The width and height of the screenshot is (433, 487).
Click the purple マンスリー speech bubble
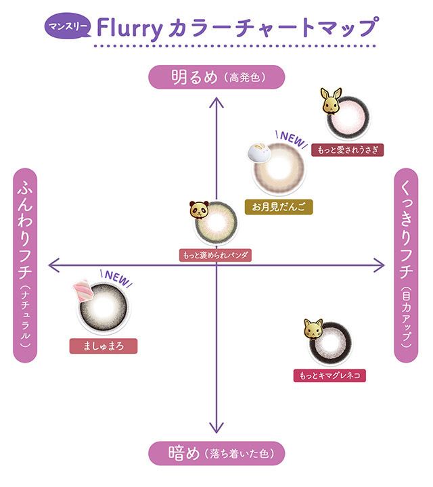68,26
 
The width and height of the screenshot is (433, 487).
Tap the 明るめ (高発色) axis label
216,77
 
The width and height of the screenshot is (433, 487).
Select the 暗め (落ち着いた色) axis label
216,453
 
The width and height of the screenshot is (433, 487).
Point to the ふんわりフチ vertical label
25,265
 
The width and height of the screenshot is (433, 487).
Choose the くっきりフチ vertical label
406,265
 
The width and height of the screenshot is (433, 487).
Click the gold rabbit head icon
331,101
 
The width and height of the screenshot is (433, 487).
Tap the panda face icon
199,210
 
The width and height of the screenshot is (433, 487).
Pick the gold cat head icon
313,329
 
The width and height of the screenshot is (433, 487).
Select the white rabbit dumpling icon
258,152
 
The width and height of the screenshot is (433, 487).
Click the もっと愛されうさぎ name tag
348,150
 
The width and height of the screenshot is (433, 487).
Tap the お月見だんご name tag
279,207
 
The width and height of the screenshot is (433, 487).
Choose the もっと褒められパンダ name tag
215,255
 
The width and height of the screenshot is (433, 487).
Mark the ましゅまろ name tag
104,346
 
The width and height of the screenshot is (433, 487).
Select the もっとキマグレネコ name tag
329,375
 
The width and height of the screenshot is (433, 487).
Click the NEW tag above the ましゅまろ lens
116,278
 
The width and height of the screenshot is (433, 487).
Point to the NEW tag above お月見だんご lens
292,139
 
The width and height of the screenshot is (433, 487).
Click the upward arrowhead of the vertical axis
216,102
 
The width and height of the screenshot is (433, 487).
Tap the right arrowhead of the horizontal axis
380,265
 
